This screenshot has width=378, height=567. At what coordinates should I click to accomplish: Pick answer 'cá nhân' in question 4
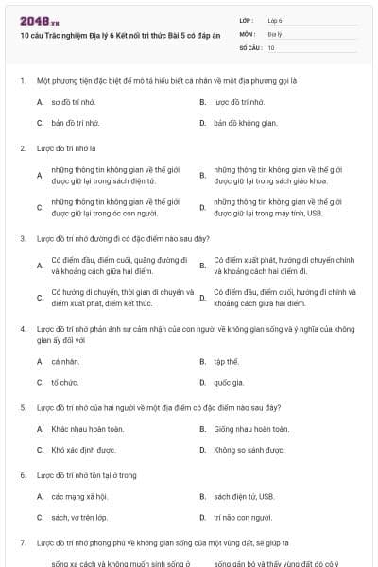(63, 361)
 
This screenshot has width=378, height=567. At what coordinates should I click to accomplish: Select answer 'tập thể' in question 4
(225, 361)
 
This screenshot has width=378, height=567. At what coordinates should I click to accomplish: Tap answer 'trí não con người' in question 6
(243, 518)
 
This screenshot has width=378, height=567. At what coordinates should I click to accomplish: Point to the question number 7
(22, 543)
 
